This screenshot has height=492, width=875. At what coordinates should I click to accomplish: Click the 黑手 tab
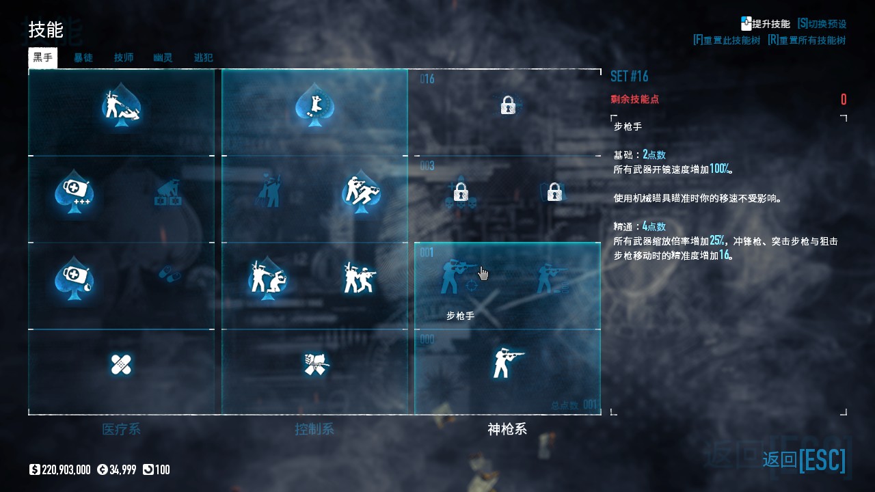click(42, 57)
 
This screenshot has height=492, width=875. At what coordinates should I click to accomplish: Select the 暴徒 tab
click(83, 57)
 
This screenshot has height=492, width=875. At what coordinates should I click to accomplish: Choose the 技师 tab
click(124, 57)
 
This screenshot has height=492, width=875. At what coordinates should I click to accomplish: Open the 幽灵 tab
click(163, 57)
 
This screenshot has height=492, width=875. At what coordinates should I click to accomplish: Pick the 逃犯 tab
click(203, 57)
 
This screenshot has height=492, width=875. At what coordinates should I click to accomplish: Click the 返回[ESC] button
click(804, 460)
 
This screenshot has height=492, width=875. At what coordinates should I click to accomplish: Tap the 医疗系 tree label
click(121, 429)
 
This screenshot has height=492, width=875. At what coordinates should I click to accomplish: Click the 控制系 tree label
click(314, 429)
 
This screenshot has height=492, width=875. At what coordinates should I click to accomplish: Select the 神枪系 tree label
click(507, 429)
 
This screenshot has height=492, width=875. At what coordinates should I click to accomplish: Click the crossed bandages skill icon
click(121, 364)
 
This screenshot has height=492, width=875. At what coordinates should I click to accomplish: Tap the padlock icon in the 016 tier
click(507, 105)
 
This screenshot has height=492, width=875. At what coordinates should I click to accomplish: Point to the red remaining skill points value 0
click(844, 100)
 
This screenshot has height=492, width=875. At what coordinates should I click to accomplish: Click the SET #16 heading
click(629, 76)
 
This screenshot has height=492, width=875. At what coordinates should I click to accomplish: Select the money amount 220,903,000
click(66, 469)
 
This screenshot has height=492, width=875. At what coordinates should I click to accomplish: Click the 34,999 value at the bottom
click(122, 469)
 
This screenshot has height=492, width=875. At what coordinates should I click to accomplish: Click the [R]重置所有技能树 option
click(807, 40)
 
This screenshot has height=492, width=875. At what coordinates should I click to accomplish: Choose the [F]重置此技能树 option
click(726, 40)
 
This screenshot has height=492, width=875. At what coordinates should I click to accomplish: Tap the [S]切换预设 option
click(822, 24)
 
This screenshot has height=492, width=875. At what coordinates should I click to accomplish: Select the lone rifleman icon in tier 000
click(507, 362)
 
